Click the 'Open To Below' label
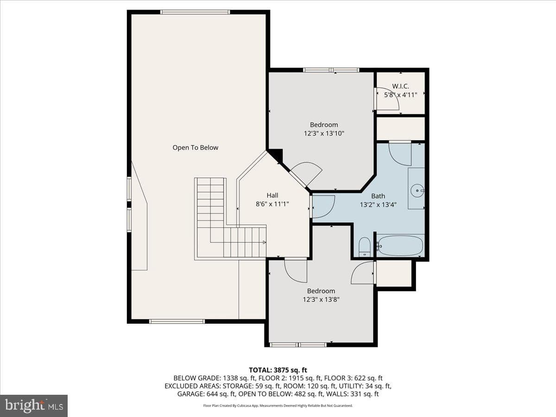pyautogui.click(x=196, y=148)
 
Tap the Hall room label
pyautogui.click(x=272, y=195)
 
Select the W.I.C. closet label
pyautogui.click(x=400, y=86)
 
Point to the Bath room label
pyautogui.click(x=378, y=196)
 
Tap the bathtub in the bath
pyautogui.click(x=400, y=246)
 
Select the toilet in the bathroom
pyautogui.click(x=365, y=247)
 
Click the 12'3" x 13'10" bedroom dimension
pyautogui.click(x=324, y=133)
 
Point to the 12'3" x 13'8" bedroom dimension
pyautogui.click(x=321, y=299)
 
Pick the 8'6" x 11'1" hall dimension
pyautogui.click(x=272, y=204)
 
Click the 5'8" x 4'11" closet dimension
pyautogui.click(x=400, y=95)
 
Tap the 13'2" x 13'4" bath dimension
pyautogui.click(x=378, y=205)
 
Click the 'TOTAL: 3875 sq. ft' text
pyautogui.click(x=278, y=370)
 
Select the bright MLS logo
pyautogui.click(x=34, y=405)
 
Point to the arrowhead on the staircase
pyautogui.click(x=264, y=242)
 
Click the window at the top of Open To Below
pyautogui.click(x=195, y=12)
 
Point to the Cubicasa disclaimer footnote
pyautogui.click(x=278, y=405)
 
